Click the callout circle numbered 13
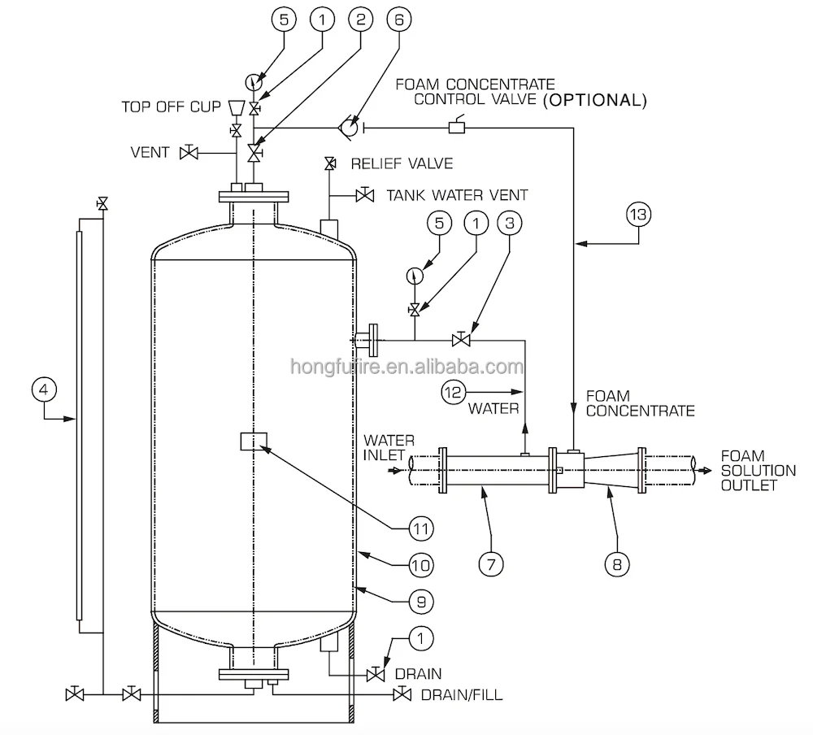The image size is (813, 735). (639, 215)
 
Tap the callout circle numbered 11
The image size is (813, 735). (420, 528)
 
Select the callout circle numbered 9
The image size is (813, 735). (420, 601)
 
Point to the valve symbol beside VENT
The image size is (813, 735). (189, 152)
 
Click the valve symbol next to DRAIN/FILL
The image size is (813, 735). (400, 694)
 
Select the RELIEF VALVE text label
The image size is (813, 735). (401, 164)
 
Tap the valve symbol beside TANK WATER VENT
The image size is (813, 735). (365, 195)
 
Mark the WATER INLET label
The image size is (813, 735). (388, 447)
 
